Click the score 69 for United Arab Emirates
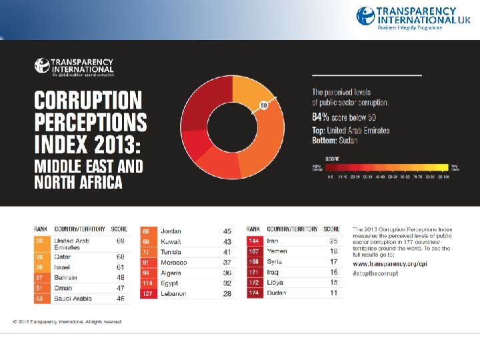point(121,241)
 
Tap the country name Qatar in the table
point(63,257)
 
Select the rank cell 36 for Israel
point(40,267)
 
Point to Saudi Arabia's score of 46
point(120,299)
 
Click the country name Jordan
point(171,231)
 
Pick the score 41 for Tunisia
point(227,252)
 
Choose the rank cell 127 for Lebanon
point(148,294)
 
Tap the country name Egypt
point(169,283)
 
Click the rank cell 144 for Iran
point(255,241)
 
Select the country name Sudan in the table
point(277,293)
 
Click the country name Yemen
point(277,251)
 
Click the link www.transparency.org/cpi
point(390,264)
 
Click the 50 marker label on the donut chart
point(263,105)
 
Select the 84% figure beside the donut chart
point(321,117)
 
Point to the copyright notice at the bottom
point(67,321)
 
